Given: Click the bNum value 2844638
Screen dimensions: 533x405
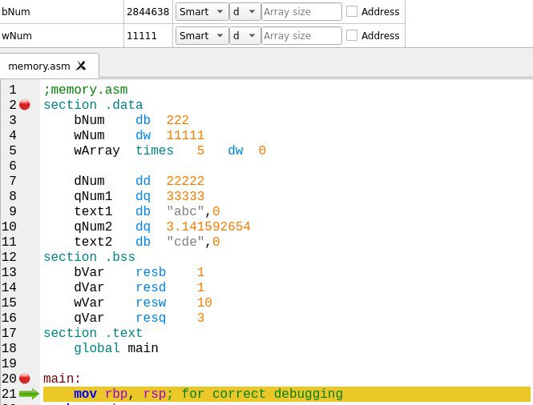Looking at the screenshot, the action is point(147,12).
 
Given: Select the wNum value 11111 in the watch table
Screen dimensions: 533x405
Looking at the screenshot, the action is point(142,36).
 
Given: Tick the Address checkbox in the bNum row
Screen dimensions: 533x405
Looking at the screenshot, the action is point(352,11).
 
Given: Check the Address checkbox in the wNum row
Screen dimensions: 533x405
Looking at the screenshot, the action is point(352,35).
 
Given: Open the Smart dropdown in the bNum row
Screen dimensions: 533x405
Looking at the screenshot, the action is point(202,11).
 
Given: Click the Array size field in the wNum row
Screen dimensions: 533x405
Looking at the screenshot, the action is point(301,35).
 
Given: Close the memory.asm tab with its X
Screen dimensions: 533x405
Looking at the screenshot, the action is point(81,66).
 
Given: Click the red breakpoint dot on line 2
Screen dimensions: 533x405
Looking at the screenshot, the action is point(25,105).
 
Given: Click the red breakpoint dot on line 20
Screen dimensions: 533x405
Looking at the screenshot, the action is point(25,378).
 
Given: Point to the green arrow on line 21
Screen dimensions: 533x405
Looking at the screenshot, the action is point(29,394).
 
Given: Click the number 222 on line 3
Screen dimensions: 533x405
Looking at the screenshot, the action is point(177,120).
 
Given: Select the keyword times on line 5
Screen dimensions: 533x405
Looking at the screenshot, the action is point(155,150).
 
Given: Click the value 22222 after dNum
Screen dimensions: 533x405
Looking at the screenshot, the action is point(185,181).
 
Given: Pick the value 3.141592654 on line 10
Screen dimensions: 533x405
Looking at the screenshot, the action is point(208,227).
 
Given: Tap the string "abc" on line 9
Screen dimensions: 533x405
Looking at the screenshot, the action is point(185,211).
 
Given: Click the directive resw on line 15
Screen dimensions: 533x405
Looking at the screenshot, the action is point(151,303).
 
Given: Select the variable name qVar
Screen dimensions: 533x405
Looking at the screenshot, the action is point(89,318).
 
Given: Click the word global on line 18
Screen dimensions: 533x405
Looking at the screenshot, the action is point(97,348).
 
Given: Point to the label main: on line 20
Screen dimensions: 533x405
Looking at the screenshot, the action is point(62,379).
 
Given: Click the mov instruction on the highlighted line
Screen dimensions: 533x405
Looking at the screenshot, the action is point(85,394).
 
